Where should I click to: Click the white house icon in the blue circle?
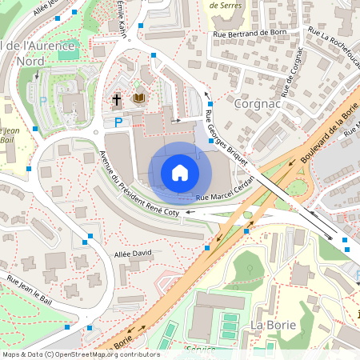point(180,173)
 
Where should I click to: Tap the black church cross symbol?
point(116,99)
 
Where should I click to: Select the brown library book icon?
point(139,98)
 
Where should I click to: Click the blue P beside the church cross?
point(118,122)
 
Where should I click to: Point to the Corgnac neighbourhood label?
point(255,103)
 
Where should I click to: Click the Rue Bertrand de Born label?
point(255,34)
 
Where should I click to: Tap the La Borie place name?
point(273,325)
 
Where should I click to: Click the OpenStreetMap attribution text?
point(81,354)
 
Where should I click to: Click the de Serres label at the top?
point(226,5)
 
